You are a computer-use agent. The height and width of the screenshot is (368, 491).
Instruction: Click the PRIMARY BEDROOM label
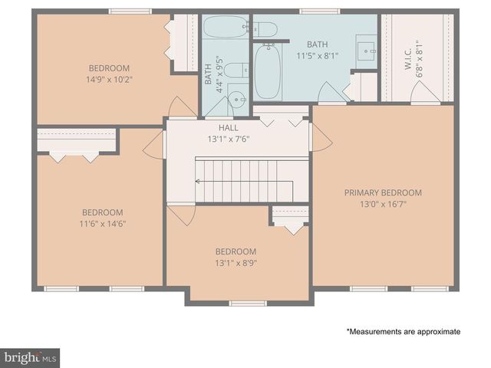pyautogui.click(x=383, y=192)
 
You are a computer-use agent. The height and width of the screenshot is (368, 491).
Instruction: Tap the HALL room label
pyautogui.click(x=229, y=128)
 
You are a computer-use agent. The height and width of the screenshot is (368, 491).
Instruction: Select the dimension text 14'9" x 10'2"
pyautogui.click(x=108, y=79)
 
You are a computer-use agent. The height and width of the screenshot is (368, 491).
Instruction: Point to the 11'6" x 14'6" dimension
pyautogui.click(x=103, y=224)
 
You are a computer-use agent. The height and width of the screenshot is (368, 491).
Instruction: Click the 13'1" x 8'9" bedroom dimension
pyautogui.click(x=236, y=262)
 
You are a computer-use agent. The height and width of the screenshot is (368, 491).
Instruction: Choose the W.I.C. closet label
pyautogui.click(x=408, y=56)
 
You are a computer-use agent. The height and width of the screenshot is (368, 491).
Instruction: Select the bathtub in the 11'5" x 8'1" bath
pyautogui.click(x=268, y=71)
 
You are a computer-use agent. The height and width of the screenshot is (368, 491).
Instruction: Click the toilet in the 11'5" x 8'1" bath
pyautogui.click(x=265, y=29)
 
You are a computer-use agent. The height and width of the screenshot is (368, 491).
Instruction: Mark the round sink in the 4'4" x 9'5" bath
pyautogui.click(x=237, y=98)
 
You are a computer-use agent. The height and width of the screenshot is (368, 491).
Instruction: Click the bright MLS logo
pyautogui.click(x=31, y=357)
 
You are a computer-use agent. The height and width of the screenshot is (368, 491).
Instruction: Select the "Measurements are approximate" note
pyautogui.click(x=403, y=331)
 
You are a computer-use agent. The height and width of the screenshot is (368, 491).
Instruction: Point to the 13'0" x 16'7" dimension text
pyautogui.click(x=383, y=204)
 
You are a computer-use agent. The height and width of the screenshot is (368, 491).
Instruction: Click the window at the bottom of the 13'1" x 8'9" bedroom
pyautogui.click(x=248, y=304)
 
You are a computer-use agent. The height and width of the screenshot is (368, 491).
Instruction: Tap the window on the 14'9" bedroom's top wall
pyautogui.click(x=130, y=11)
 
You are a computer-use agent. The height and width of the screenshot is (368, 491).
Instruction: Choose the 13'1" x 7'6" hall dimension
pyautogui.click(x=229, y=140)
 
